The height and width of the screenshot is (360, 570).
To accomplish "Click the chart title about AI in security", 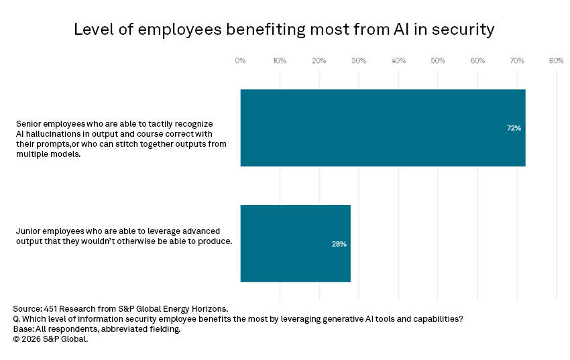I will pos(284,29).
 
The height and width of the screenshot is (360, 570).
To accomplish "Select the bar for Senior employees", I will pos(382,127).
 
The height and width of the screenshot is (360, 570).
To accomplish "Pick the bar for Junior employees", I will pos(295,243).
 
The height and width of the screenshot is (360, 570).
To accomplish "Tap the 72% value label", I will pos(514,127).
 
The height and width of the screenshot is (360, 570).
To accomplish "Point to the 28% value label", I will pos(339,244).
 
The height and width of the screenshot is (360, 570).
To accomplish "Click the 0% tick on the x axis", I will pos(240,61).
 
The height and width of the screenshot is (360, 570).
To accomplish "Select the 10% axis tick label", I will pos(280,61).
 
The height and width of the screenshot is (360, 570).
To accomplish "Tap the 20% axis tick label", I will pos(319,61).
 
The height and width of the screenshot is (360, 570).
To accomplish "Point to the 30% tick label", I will pos(359,61).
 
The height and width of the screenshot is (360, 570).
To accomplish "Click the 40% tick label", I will pos(398,61).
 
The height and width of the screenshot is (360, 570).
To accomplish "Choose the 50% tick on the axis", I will pos(438,61).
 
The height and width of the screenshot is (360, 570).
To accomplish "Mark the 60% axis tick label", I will pos(477,61).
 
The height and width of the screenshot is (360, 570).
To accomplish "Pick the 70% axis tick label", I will pos(517,61).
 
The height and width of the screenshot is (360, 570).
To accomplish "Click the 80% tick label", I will pos(556,61).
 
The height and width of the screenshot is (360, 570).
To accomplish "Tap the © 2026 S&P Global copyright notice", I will pos(50,339).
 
